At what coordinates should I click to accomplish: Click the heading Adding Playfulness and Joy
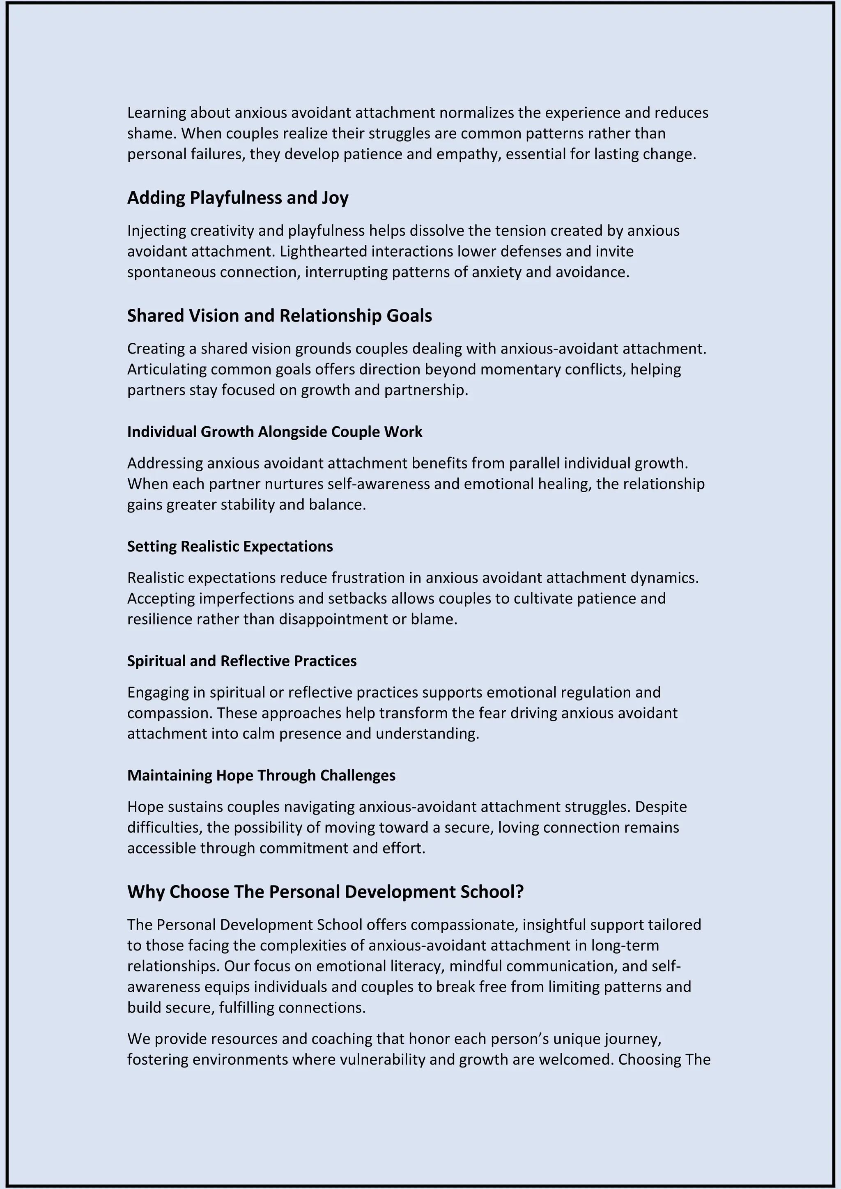click(x=238, y=198)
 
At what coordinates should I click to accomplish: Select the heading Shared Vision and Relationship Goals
click(x=279, y=316)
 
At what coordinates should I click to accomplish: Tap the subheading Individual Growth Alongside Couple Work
click(x=274, y=432)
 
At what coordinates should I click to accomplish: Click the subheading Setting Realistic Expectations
click(x=230, y=546)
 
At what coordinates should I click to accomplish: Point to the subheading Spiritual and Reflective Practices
click(x=242, y=661)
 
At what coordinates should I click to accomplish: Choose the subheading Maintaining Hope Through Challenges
click(x=261, y=775)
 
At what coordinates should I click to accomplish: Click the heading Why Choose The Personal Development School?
click(x=325, y=892)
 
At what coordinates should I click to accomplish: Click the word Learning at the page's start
click(x=156, y=113)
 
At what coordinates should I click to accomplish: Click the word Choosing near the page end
click(x=649, y=1060)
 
